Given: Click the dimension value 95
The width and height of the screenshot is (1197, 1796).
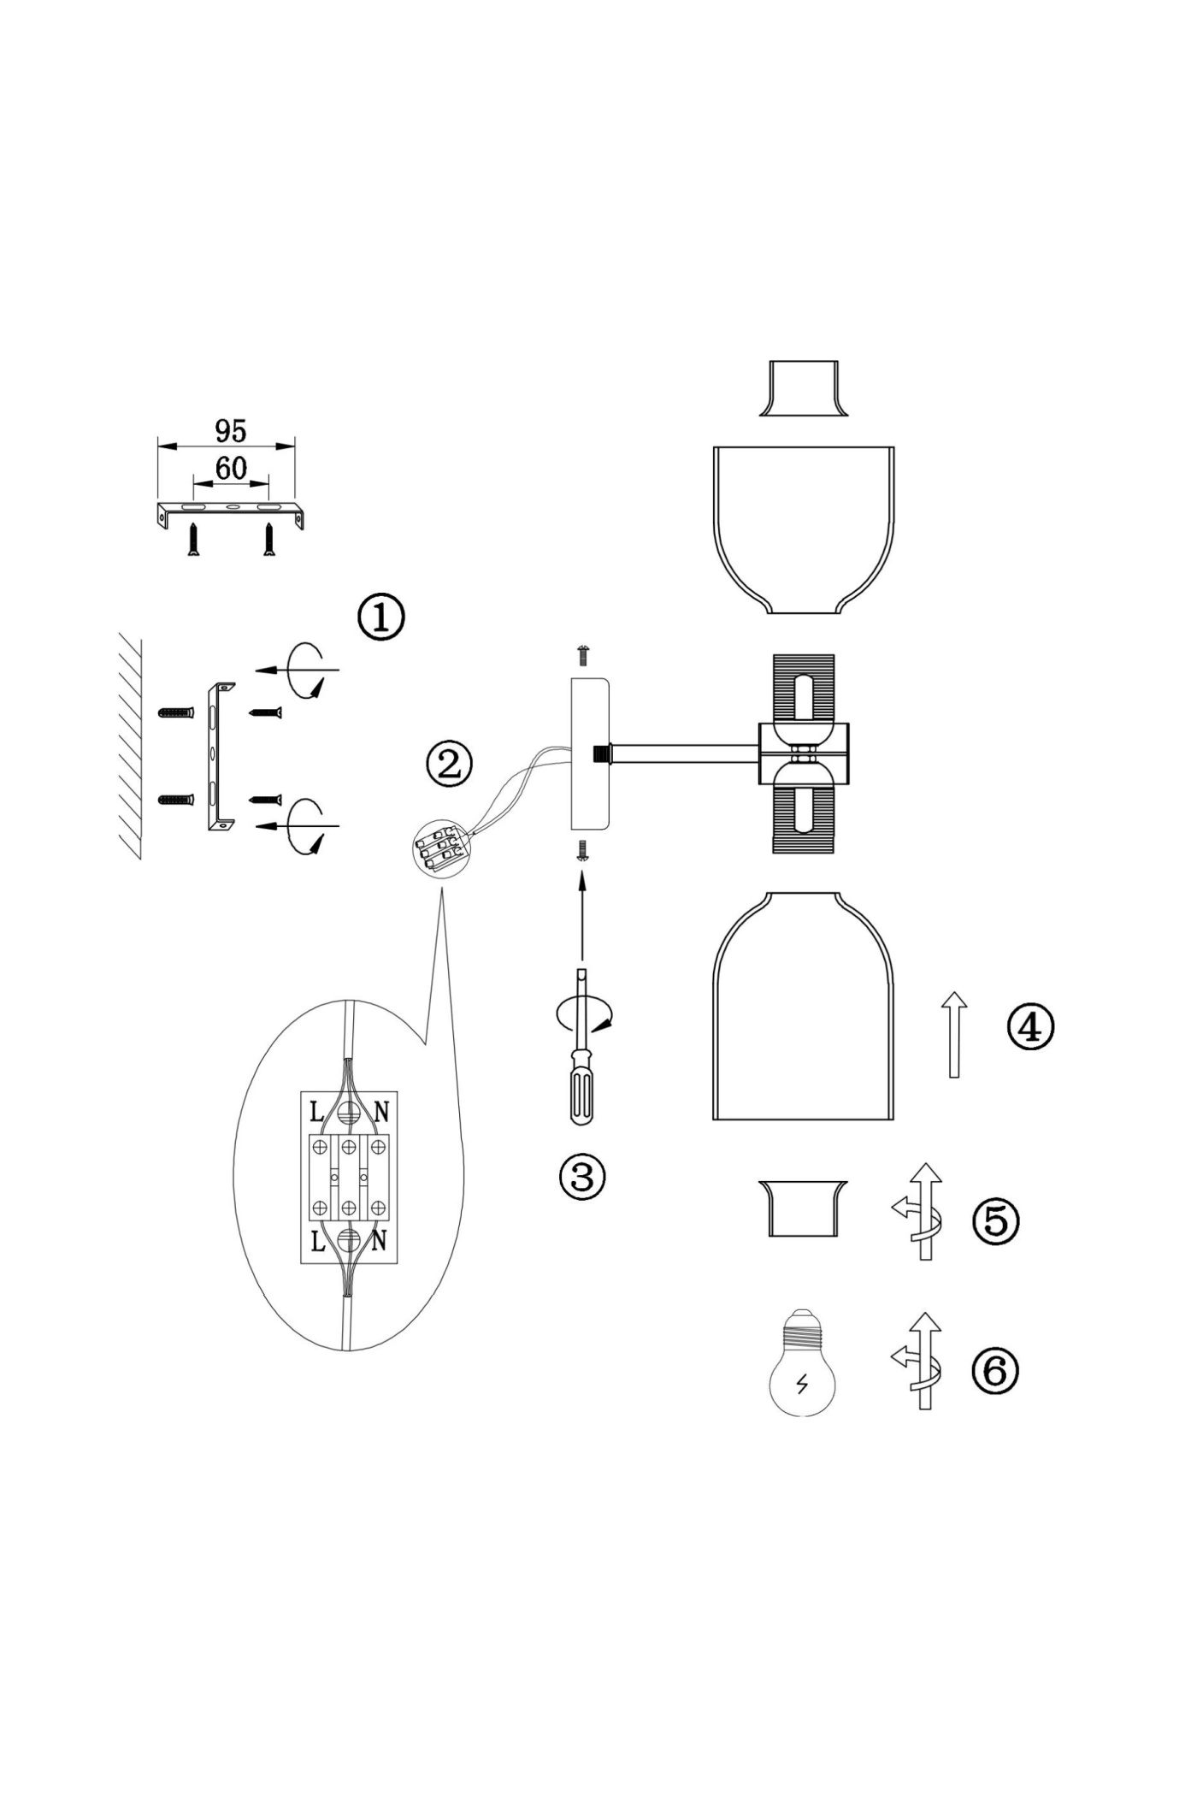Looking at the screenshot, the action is tap(231, 431).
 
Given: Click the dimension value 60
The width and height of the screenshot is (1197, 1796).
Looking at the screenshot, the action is tap(231, 468).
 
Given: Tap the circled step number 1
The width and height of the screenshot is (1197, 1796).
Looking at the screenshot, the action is tap(380, 617).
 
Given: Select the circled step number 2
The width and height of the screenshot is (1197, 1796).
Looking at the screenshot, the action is tap(449, 764).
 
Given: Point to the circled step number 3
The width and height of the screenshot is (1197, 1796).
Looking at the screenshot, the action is tap(581, 1177).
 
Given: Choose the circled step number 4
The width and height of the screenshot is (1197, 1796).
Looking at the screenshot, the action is tap(1030, 1027).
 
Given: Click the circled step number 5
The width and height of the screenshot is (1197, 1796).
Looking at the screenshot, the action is tap(996, 1221).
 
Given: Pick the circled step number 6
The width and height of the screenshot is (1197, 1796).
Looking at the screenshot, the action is tap(995, 1370).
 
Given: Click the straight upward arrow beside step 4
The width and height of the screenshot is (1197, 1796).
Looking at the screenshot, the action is tap(954, 1035).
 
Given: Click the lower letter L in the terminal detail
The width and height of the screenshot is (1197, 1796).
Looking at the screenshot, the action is tap(317, 1241).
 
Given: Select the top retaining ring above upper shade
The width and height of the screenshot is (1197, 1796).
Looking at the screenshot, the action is tap(804, 388).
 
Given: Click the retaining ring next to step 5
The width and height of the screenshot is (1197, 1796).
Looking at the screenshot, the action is tap(804, 1208).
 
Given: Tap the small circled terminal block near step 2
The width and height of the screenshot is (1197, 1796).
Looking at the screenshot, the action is tap(438, 848).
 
